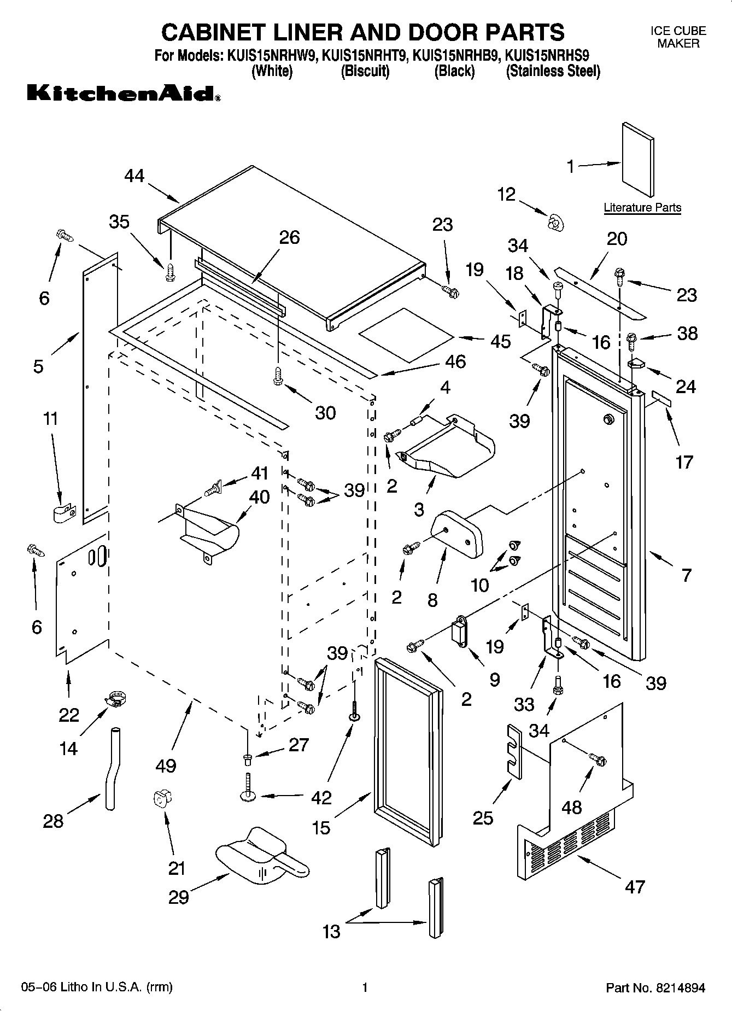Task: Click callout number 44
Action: pyautogui.click(x=134, y=176)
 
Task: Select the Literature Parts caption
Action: pyautogui.click(x=642, y=208)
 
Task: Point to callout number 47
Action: pyautogui.click(x=635, y=886)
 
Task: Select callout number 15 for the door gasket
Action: pyautogui.click(x=321, y=828)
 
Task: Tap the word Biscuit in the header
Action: pyautogui.click(x=365, y=72)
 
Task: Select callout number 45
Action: pyautogui.click(x=500, y=341)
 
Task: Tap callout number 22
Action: pyautogui.click(x=69, y=715)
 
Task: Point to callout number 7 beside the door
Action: pyautogui.click(x=687, y=575)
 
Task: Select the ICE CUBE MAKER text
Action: pyautogui.click(x=678, y=37)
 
